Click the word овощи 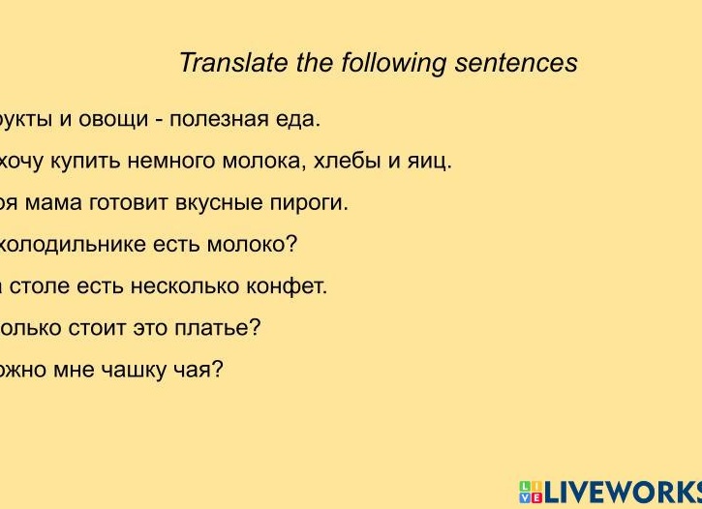tap(127, 120)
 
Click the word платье tap(217, 328)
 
